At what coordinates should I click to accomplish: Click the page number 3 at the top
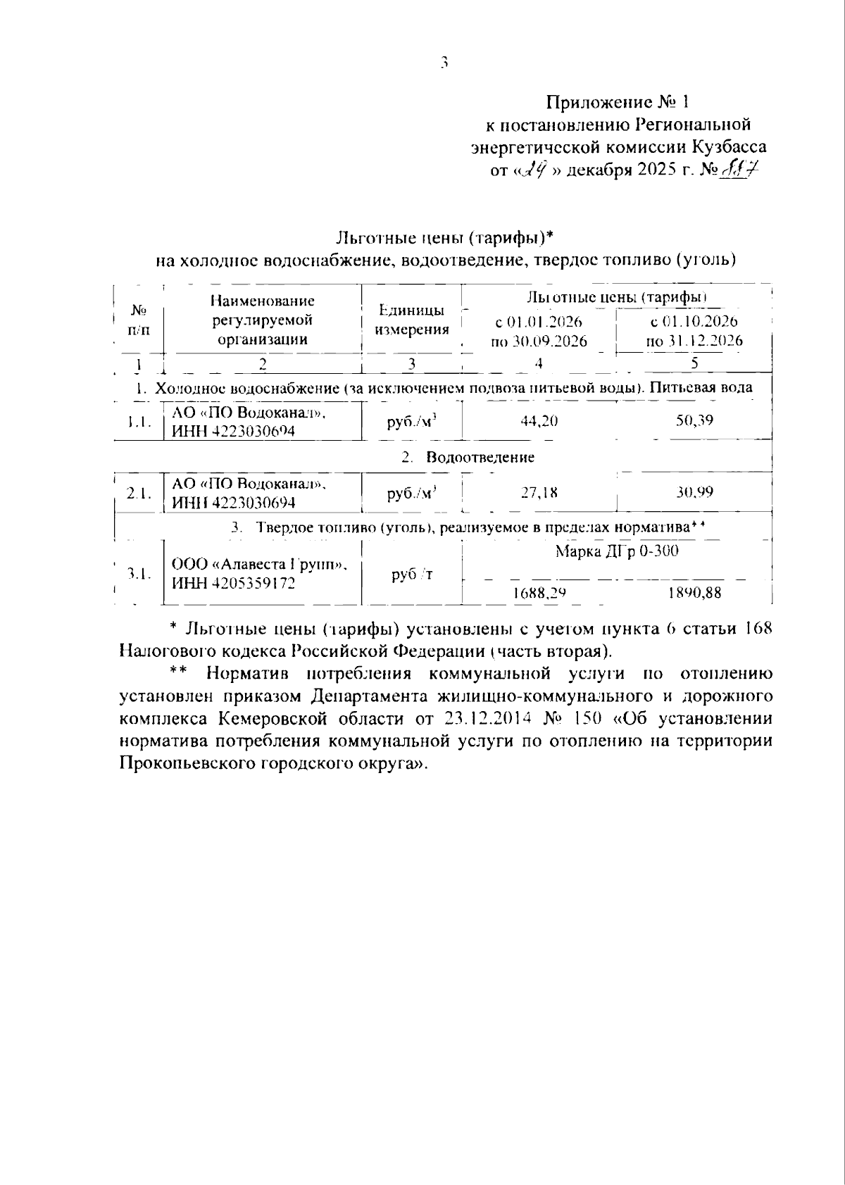click(x=444, y=63)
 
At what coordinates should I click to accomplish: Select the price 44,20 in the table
click(x=539, y=421)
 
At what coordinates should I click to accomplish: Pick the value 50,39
click(x=694, y=420)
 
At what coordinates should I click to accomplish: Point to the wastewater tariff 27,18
click(x=539, y=492)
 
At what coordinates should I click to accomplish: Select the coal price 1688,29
click(x=539, y=593)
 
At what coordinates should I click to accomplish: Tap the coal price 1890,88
click(x=694, y=592)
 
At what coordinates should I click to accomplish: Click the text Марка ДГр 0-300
click(x=617, y=551)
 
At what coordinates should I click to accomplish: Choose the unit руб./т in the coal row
click(x=412, y=575)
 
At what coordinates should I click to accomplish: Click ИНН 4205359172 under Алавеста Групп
click(x=234, y=584)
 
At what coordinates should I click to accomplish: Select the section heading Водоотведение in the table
click(x=480, y=457)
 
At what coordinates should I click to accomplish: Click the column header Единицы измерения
click(x=412, y=320)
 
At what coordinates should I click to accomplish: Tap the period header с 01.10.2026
click(x=694, y=322)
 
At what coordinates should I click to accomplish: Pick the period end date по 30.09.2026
click(x=539, y=342)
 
